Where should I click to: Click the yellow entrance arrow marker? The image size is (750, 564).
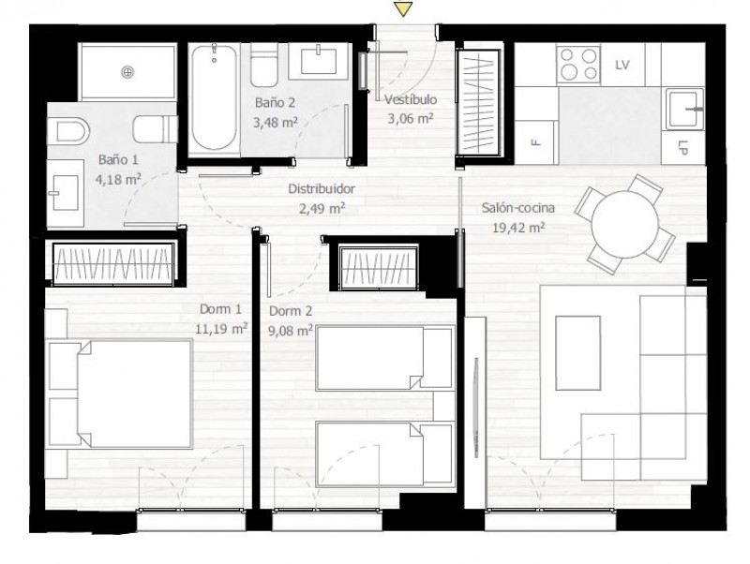pos(404,9)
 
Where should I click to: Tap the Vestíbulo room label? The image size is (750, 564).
pos(411,99)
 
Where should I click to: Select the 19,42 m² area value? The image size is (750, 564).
pos(518,228)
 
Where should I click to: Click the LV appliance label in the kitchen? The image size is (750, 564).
pos(622,65)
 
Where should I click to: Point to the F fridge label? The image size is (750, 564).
pos(535,141)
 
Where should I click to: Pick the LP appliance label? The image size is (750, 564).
pos(682,148)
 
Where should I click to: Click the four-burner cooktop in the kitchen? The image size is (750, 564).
pos(578,65)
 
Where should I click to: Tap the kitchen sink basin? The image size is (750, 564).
pos(685,110)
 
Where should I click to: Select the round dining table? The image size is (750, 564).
pos(625,224)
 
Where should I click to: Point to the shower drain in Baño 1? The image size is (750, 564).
pos(127,72)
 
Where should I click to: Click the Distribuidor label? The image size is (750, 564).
pos(322,189)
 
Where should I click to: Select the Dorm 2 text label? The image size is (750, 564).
pos(291,311)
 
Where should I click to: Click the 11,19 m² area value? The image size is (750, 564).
pos(221,329)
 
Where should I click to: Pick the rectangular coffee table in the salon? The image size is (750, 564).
pos(577,353)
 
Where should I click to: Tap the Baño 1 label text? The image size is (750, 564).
pos(118,159)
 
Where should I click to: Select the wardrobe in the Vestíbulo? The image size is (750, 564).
pos(478,102)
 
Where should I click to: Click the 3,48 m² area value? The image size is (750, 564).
pos(275,122)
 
